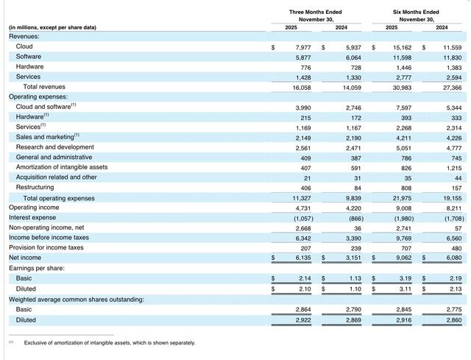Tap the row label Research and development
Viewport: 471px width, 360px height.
click(55, 147)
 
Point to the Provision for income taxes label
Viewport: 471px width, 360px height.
click(47, 247)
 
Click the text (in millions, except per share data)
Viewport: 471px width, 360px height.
click(52, 28)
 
